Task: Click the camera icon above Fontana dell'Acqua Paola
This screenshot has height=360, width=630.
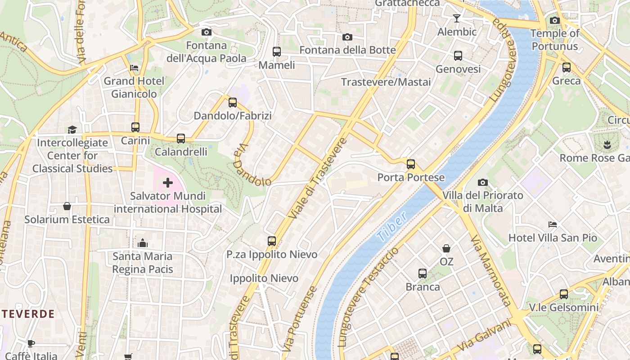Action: pos(207,32)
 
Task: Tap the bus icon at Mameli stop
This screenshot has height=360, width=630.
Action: pos(277,52)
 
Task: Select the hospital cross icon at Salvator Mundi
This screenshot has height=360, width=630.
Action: pos(168,183)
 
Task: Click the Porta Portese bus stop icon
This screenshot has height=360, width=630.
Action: pos(411,164)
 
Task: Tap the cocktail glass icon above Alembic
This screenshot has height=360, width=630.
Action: pos(457,18)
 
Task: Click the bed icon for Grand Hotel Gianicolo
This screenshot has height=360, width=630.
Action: pos(134,68)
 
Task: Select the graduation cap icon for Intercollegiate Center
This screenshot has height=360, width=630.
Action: pos(72,130)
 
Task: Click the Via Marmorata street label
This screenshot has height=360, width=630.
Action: pos(491,270)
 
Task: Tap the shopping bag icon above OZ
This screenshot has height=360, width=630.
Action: pos(446,248)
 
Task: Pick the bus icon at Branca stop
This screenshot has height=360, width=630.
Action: pos(423,274)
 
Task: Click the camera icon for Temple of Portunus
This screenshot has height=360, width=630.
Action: pos(555,20)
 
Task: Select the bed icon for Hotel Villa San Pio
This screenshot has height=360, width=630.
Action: pos(553,224)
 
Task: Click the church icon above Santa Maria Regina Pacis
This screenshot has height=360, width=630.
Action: pos(143,243)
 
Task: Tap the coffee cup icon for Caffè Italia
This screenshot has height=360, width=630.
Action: pos(31,343)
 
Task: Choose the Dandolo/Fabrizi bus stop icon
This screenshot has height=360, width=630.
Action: pos(233,103)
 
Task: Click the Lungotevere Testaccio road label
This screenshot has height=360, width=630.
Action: pos(368,297)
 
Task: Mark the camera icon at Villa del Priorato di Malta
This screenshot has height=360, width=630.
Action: pos(483,182)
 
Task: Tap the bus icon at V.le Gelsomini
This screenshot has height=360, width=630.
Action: pos(564,294)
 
